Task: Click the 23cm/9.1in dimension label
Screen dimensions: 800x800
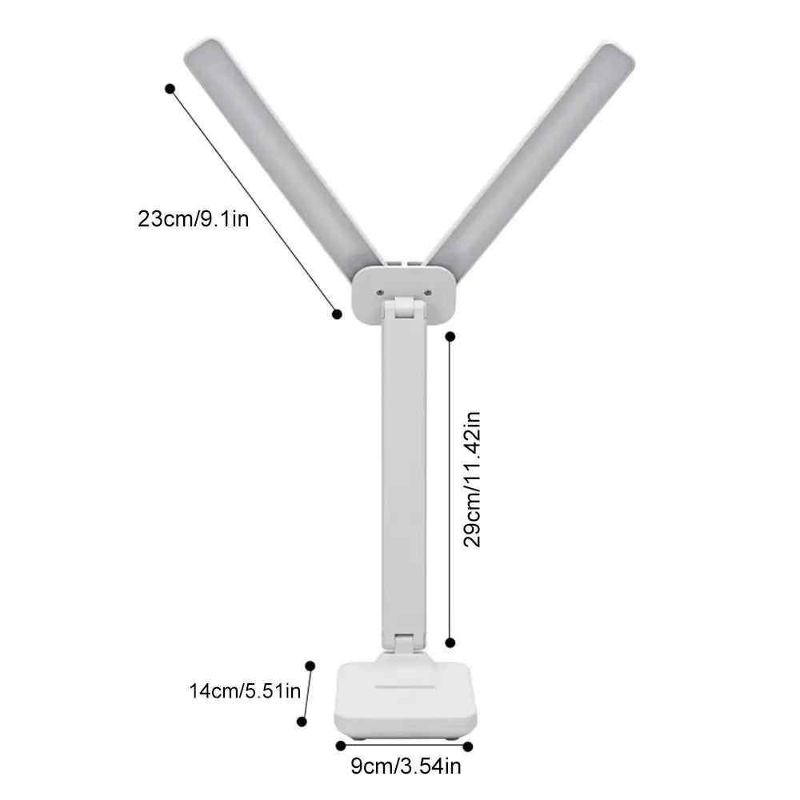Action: pos(193,218)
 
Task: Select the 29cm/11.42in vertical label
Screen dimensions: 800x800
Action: pos(474,478)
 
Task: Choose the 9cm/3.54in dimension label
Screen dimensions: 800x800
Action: pos(406,769)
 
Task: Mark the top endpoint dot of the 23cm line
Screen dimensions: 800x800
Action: pos(170,89)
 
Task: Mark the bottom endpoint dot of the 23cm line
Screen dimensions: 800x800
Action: pos(337,314)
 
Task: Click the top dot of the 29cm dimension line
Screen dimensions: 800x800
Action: pos(450,336)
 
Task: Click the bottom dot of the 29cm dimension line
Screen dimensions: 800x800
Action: pos(450,642)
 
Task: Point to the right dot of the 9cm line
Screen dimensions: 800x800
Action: pos(468,746)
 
